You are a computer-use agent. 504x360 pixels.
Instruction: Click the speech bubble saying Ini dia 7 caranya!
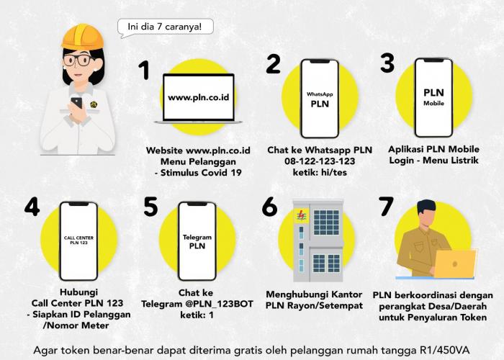pyautogui.click(x=165, y=27)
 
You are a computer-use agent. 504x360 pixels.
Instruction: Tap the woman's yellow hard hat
pyautogui.click(x=83, y=37)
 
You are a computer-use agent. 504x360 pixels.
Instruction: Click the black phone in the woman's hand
pyautogui.click(x=77, y=103)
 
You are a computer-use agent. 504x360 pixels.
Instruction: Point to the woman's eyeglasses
pyautogui.click(x=78, y=60)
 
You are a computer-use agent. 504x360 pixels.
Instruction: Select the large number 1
pyautogui.click(x=144, y=70)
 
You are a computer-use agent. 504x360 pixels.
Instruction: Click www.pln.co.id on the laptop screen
pyautogui.click(x=199, y=97)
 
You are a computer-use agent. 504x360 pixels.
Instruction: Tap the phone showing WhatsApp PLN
pyautogui.click(x=320, y=99)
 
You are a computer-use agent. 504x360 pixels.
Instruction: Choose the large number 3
pyautogui.click(x=387, y=63)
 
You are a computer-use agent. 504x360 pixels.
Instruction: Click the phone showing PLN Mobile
pyautogui.click(x=433, y=97)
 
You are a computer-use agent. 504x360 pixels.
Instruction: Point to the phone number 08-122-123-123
pyautogui.click(x=320, y=161)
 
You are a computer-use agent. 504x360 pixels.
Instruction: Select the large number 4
pyautogui.click(x=32, y=207)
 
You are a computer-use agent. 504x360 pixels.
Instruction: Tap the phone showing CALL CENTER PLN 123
pyautogui.click(x=78, y=241)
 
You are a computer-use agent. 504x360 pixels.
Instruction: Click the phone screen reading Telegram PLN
pyautogui.click(x=197, y=241)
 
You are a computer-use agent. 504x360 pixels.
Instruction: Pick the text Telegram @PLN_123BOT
pyautogui.click(x=197, y=304)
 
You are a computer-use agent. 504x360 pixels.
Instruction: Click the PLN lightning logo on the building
pyautogui.click(x=302, y=215)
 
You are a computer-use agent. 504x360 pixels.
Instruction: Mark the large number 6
pyautogui.click(x=269, y=207)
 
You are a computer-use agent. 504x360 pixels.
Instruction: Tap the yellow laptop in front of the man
pyautogui.click(x=454, y=264)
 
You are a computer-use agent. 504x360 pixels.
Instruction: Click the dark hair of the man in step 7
pyautogui.click(x=426, y=208)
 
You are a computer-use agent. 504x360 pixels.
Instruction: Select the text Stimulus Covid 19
pyautogui.click(x=201, y=173)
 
